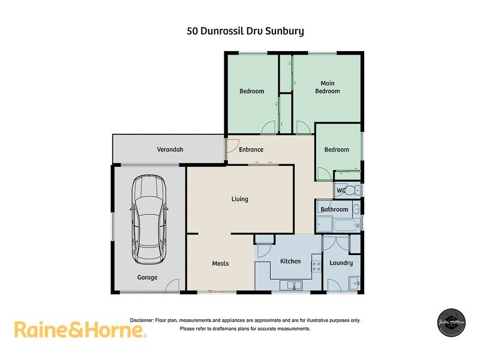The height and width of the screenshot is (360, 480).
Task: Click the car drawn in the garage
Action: point(149,218)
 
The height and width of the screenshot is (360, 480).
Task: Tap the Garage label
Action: point(147,277)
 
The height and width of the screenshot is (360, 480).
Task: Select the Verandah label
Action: point(170,149)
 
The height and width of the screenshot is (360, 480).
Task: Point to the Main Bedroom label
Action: point(328,87)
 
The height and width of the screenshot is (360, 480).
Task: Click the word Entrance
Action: point(251,149)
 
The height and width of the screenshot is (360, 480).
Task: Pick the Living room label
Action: point(240,199)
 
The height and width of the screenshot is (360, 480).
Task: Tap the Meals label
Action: point(220,263)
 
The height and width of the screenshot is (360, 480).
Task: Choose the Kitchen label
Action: point(290,262)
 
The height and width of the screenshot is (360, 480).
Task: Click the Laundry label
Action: point(341,263)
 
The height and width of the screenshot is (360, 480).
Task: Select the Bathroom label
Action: point(334,209)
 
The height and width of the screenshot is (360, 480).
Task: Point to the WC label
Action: point(340,191)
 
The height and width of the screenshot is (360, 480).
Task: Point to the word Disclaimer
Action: point(142,320)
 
